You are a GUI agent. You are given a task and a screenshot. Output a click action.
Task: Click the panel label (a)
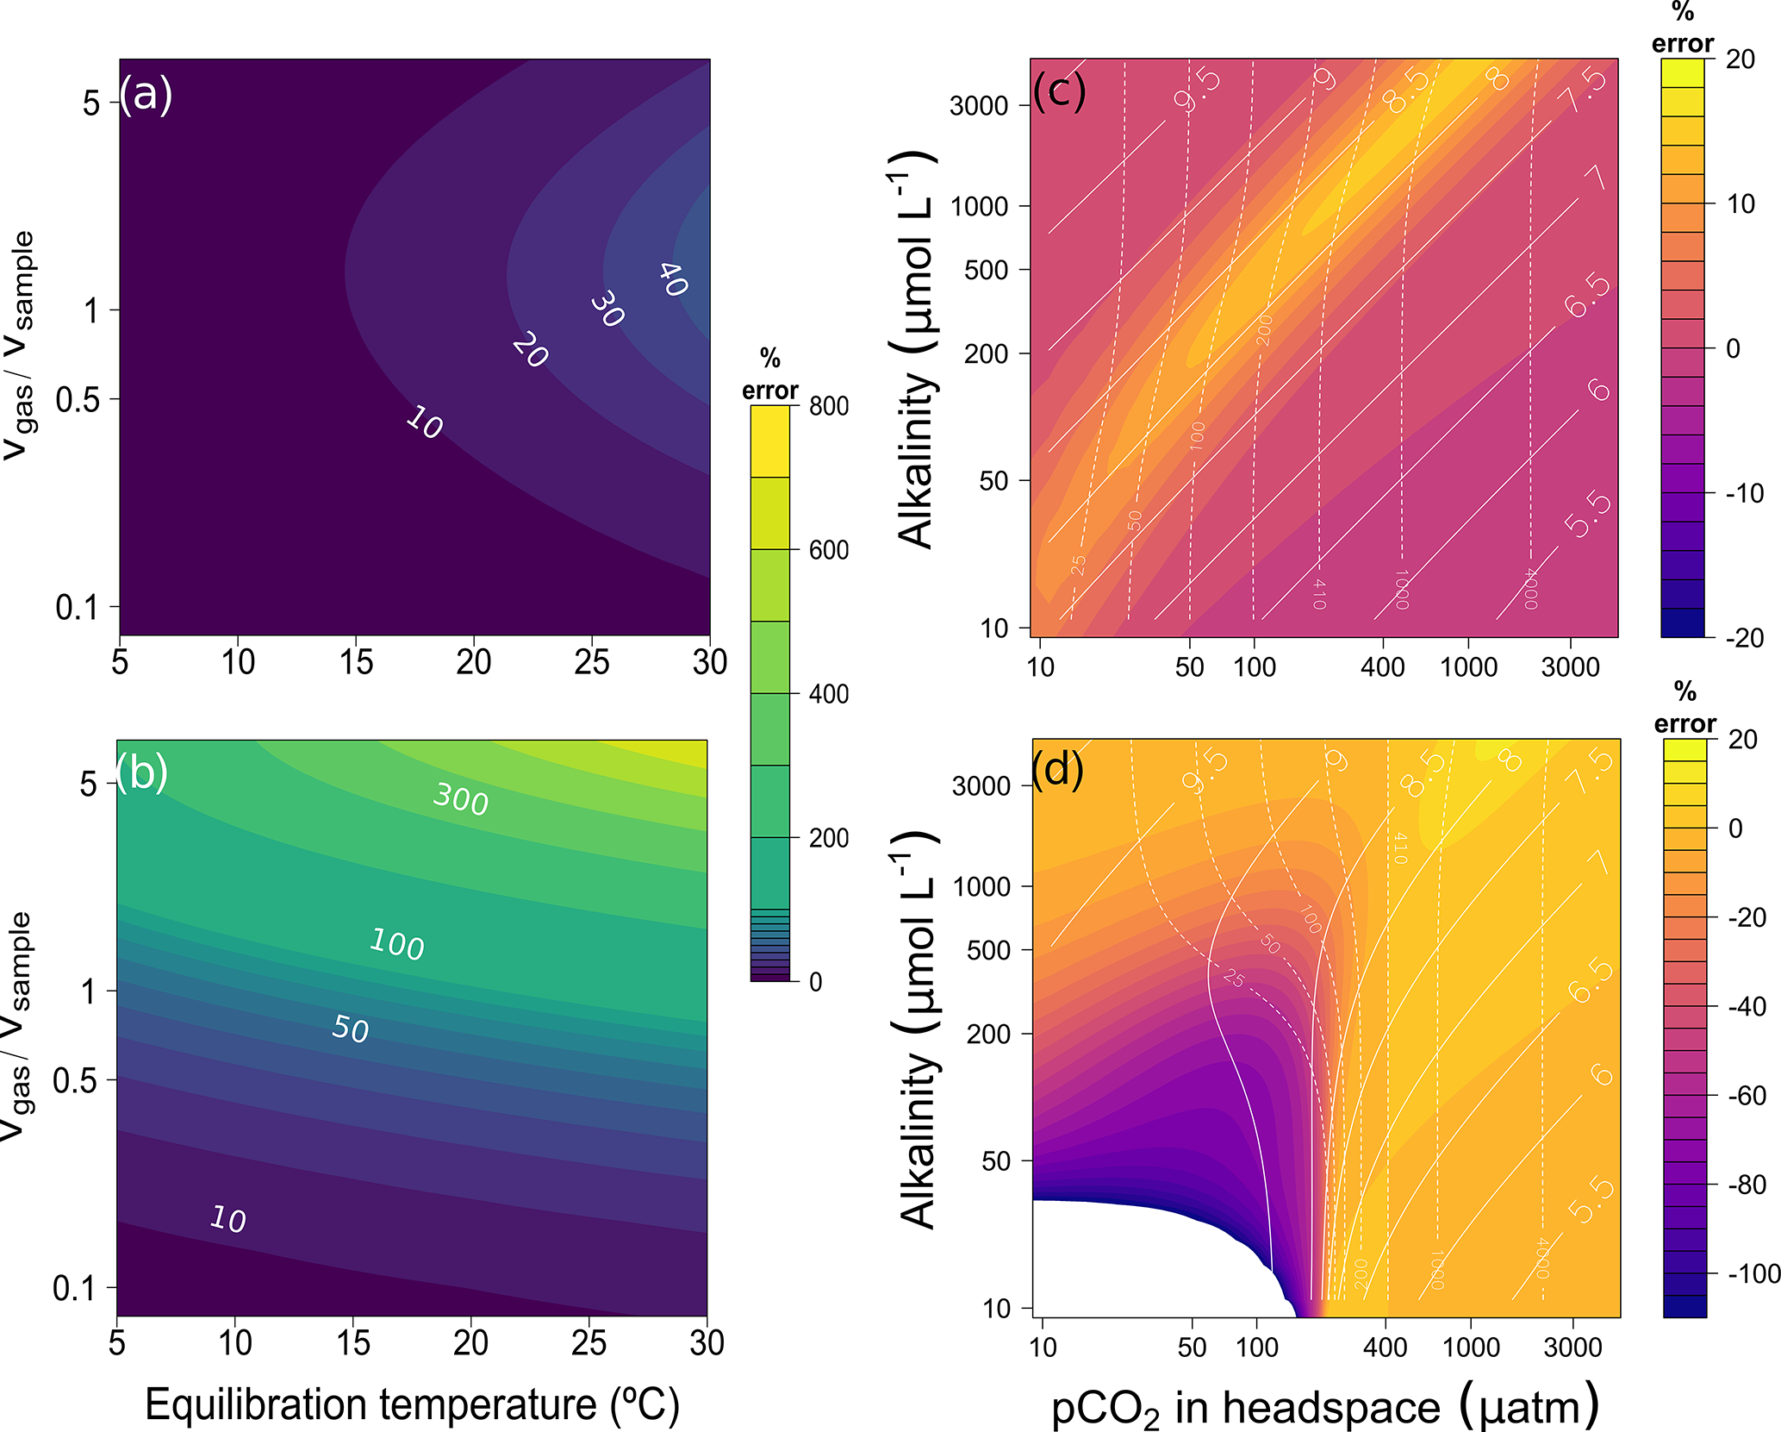[146, 94]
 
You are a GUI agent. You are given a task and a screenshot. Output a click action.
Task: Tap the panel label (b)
[142, 772]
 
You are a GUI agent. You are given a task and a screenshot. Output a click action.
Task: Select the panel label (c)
[1059, 89]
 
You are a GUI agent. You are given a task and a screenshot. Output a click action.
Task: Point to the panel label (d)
[1058, 768]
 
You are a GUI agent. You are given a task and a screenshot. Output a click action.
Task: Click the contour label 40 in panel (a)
[673, 279]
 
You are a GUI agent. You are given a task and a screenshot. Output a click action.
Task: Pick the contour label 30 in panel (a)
[607, 309]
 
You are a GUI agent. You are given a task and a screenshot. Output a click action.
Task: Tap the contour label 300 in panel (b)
[461, 798]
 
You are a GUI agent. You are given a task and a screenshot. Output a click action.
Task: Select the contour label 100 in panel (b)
[396, 944]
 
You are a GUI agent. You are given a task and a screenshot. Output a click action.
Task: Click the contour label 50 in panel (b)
[351, 1028]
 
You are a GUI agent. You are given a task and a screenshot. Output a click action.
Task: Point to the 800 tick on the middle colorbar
[828, 406]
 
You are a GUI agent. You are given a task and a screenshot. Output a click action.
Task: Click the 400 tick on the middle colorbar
[828, 694]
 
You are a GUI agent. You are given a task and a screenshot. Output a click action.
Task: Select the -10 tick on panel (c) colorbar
[1744, 493]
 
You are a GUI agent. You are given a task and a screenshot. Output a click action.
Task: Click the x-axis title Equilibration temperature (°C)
[412, 1404]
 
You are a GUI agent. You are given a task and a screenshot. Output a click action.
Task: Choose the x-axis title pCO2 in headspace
[1324, 1407]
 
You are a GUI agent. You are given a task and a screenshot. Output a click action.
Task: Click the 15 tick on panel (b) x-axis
[353, 1343]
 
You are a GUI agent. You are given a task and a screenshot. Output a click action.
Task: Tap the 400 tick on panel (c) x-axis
[1382, 666]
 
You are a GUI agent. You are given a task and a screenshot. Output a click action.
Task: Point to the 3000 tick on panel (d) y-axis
[981, 785]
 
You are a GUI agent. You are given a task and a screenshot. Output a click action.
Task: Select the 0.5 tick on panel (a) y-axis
[78, 400]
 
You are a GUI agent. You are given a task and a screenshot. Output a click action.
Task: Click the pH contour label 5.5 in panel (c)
[1588, 515]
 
